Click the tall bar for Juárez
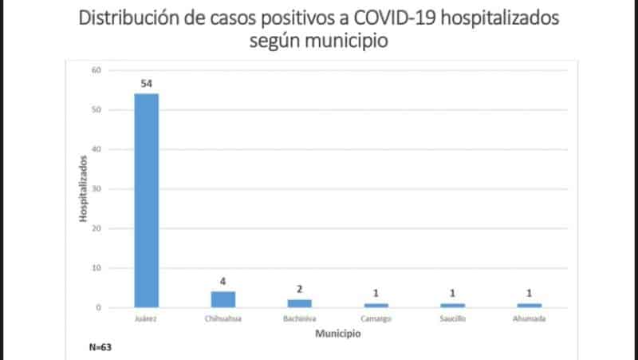(x=146, y=200)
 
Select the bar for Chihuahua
(x=223, y=299)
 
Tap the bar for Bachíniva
(x=299, y=303)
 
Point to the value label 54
(x=146, y=84)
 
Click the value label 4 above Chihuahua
(x=223, y=282)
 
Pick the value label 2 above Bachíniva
(x=299, y=290)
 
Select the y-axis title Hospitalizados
(x=83, y=189)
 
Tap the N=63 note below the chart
(x=100, y=348)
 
